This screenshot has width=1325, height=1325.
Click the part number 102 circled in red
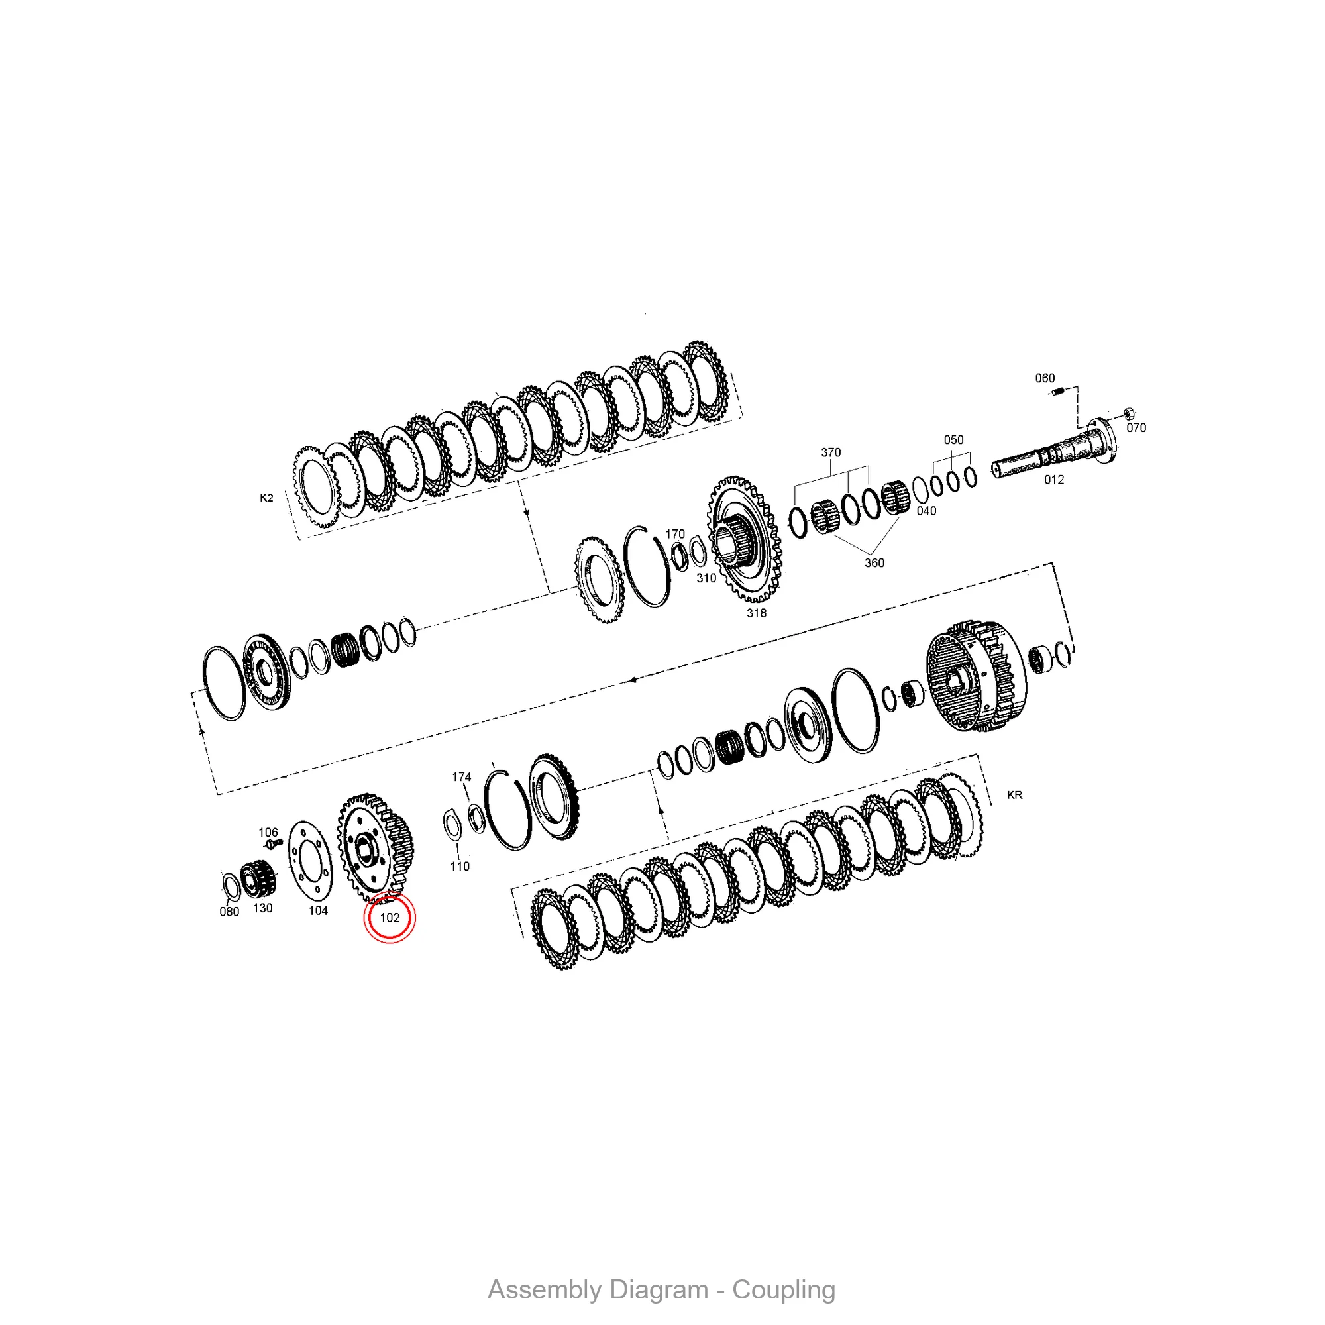(x=390, y=918)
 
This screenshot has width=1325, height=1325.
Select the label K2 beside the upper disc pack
(x=267, y=498)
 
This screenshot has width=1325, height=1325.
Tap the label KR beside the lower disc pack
(x=1014, y=795)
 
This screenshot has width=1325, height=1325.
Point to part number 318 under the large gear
(x=757, y=613)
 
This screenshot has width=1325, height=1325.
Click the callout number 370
(x=831, y=452)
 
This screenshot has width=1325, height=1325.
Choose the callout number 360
(x=874, y=563)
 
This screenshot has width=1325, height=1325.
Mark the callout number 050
(x=953, y=440)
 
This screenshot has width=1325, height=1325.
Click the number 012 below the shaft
(x=1054, y=480)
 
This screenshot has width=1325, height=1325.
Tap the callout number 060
(x=1045, y=378)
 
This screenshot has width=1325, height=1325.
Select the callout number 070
(x=1136, y=427)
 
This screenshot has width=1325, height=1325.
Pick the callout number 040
(x=927, y=511)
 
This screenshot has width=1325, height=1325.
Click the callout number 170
(x=676, y=533)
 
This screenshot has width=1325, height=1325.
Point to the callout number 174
(x=462, y=777)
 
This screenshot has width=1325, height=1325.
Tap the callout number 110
(x=460, y=866)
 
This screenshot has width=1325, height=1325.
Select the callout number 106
(x=268, y=833)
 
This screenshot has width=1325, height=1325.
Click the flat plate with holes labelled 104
(x=310, y=861)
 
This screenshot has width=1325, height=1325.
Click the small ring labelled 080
(x=231, y=885)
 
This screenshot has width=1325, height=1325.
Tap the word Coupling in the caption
(x=784, y=1290)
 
